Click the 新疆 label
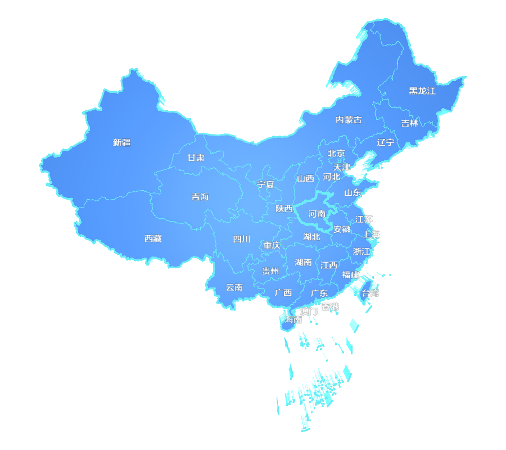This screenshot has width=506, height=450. point(121,142)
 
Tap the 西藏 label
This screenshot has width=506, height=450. point(153,238)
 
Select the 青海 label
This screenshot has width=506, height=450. point(200,196)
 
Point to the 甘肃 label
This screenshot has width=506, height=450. point(196,158)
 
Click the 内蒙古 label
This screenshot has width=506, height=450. point(349,120)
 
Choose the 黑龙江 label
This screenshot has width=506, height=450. point(422,91)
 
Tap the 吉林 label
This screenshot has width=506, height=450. point(410,123)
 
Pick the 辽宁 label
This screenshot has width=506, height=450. point(386,142)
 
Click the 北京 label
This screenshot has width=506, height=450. point(337,153)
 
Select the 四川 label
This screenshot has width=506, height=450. point(242,239)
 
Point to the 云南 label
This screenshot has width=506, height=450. point(234,287)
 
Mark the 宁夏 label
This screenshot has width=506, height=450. point(265,184)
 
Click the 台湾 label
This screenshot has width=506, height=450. point(370,293)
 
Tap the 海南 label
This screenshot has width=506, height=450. point(293,319)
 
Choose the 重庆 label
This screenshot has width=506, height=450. point(272,245)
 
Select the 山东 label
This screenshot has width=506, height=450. point(353,192)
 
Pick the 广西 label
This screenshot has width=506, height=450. point(283,292)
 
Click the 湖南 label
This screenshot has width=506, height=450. point(304,262)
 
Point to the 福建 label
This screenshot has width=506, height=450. point(351,274)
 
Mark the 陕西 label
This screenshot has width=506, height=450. point(284,208)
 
